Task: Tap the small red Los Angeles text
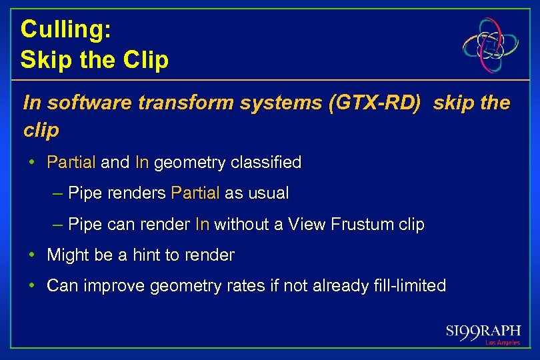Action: point(503,343)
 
